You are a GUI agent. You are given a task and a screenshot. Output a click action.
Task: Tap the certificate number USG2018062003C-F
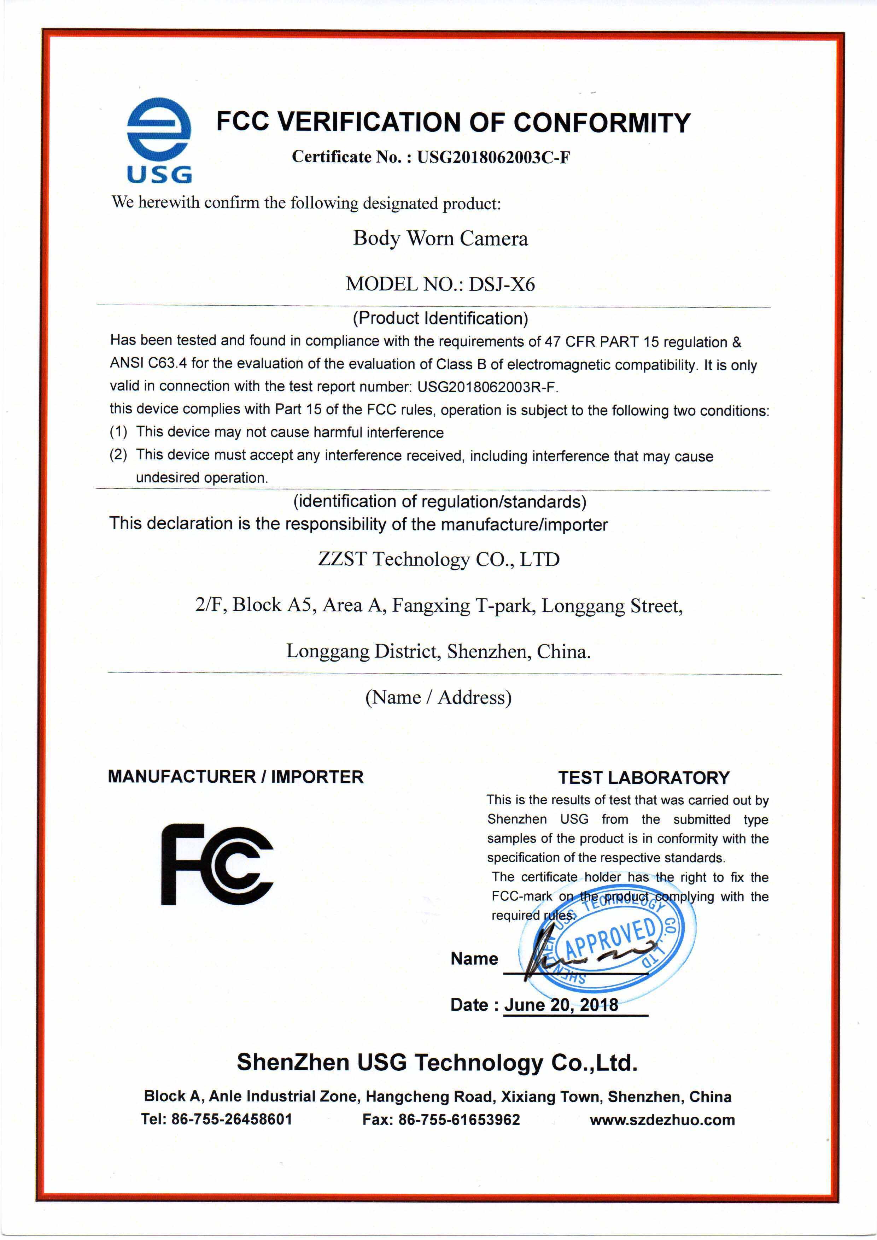click(493, 157)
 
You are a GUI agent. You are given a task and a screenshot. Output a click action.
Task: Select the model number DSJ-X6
click(502, 284)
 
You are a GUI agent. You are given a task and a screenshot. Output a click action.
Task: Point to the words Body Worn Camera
click(440, 238)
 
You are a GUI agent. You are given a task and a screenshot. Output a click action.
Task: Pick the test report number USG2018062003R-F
click(487, 387)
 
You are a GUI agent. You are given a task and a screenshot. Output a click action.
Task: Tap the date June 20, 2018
click(561, 1005)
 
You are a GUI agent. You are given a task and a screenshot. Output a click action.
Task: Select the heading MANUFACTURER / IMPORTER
click(235, 777)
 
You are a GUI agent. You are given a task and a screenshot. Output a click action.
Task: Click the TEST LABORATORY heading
click(644, 778)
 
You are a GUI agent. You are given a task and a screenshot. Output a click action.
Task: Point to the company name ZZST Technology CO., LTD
click(439, 559)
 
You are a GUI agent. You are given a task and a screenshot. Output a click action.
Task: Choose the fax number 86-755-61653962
click(459, 1119)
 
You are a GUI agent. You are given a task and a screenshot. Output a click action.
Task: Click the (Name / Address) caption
click(438, 697)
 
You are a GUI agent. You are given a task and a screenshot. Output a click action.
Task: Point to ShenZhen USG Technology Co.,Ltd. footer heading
click(437, 1062)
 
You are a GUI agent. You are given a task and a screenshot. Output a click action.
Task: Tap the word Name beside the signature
click(474, 959)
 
